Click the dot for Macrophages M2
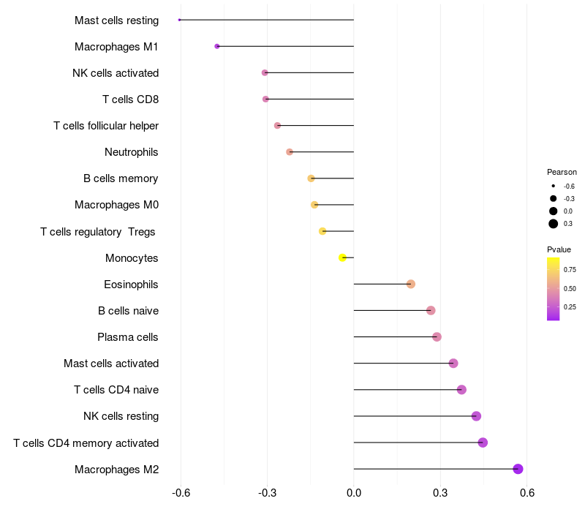518,469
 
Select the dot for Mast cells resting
179,20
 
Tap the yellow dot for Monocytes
342,257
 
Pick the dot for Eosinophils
411,284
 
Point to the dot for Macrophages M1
217,46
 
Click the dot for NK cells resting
476,416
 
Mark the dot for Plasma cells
437,337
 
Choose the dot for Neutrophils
290,152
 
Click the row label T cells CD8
130,99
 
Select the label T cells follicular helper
106,126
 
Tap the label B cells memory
121,178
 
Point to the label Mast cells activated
111,364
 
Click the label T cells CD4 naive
116,390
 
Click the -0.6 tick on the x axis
181,493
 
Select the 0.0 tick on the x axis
354,493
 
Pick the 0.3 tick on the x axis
440,493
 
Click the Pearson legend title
562,172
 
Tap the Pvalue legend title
559,249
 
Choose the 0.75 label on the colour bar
570,270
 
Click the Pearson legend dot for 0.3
554,224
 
